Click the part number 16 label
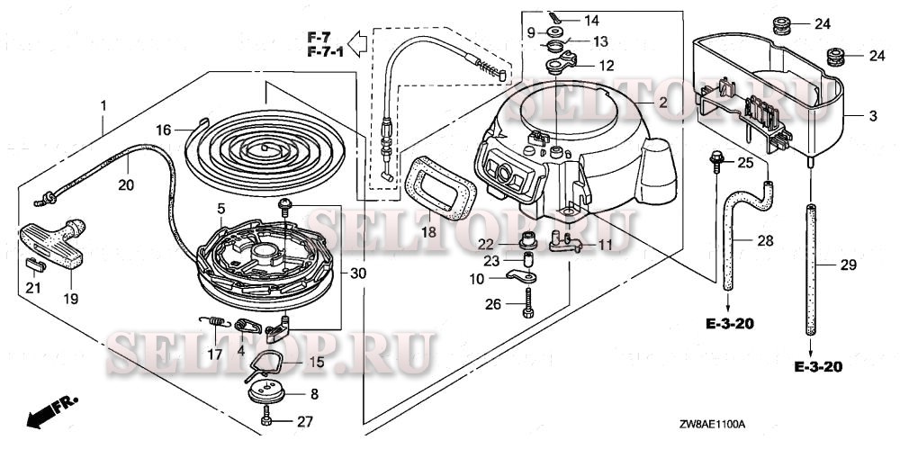tap(162, 130)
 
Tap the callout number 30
tap(358, 273)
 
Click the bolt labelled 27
tap(267, 419)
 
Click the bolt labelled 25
tap(717, 161)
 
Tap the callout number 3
tap(872, 118)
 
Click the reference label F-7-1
tap(325, 54)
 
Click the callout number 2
tap(662, 102)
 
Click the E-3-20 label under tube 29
tap(819, 367)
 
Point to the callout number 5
tap(221, 209)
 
